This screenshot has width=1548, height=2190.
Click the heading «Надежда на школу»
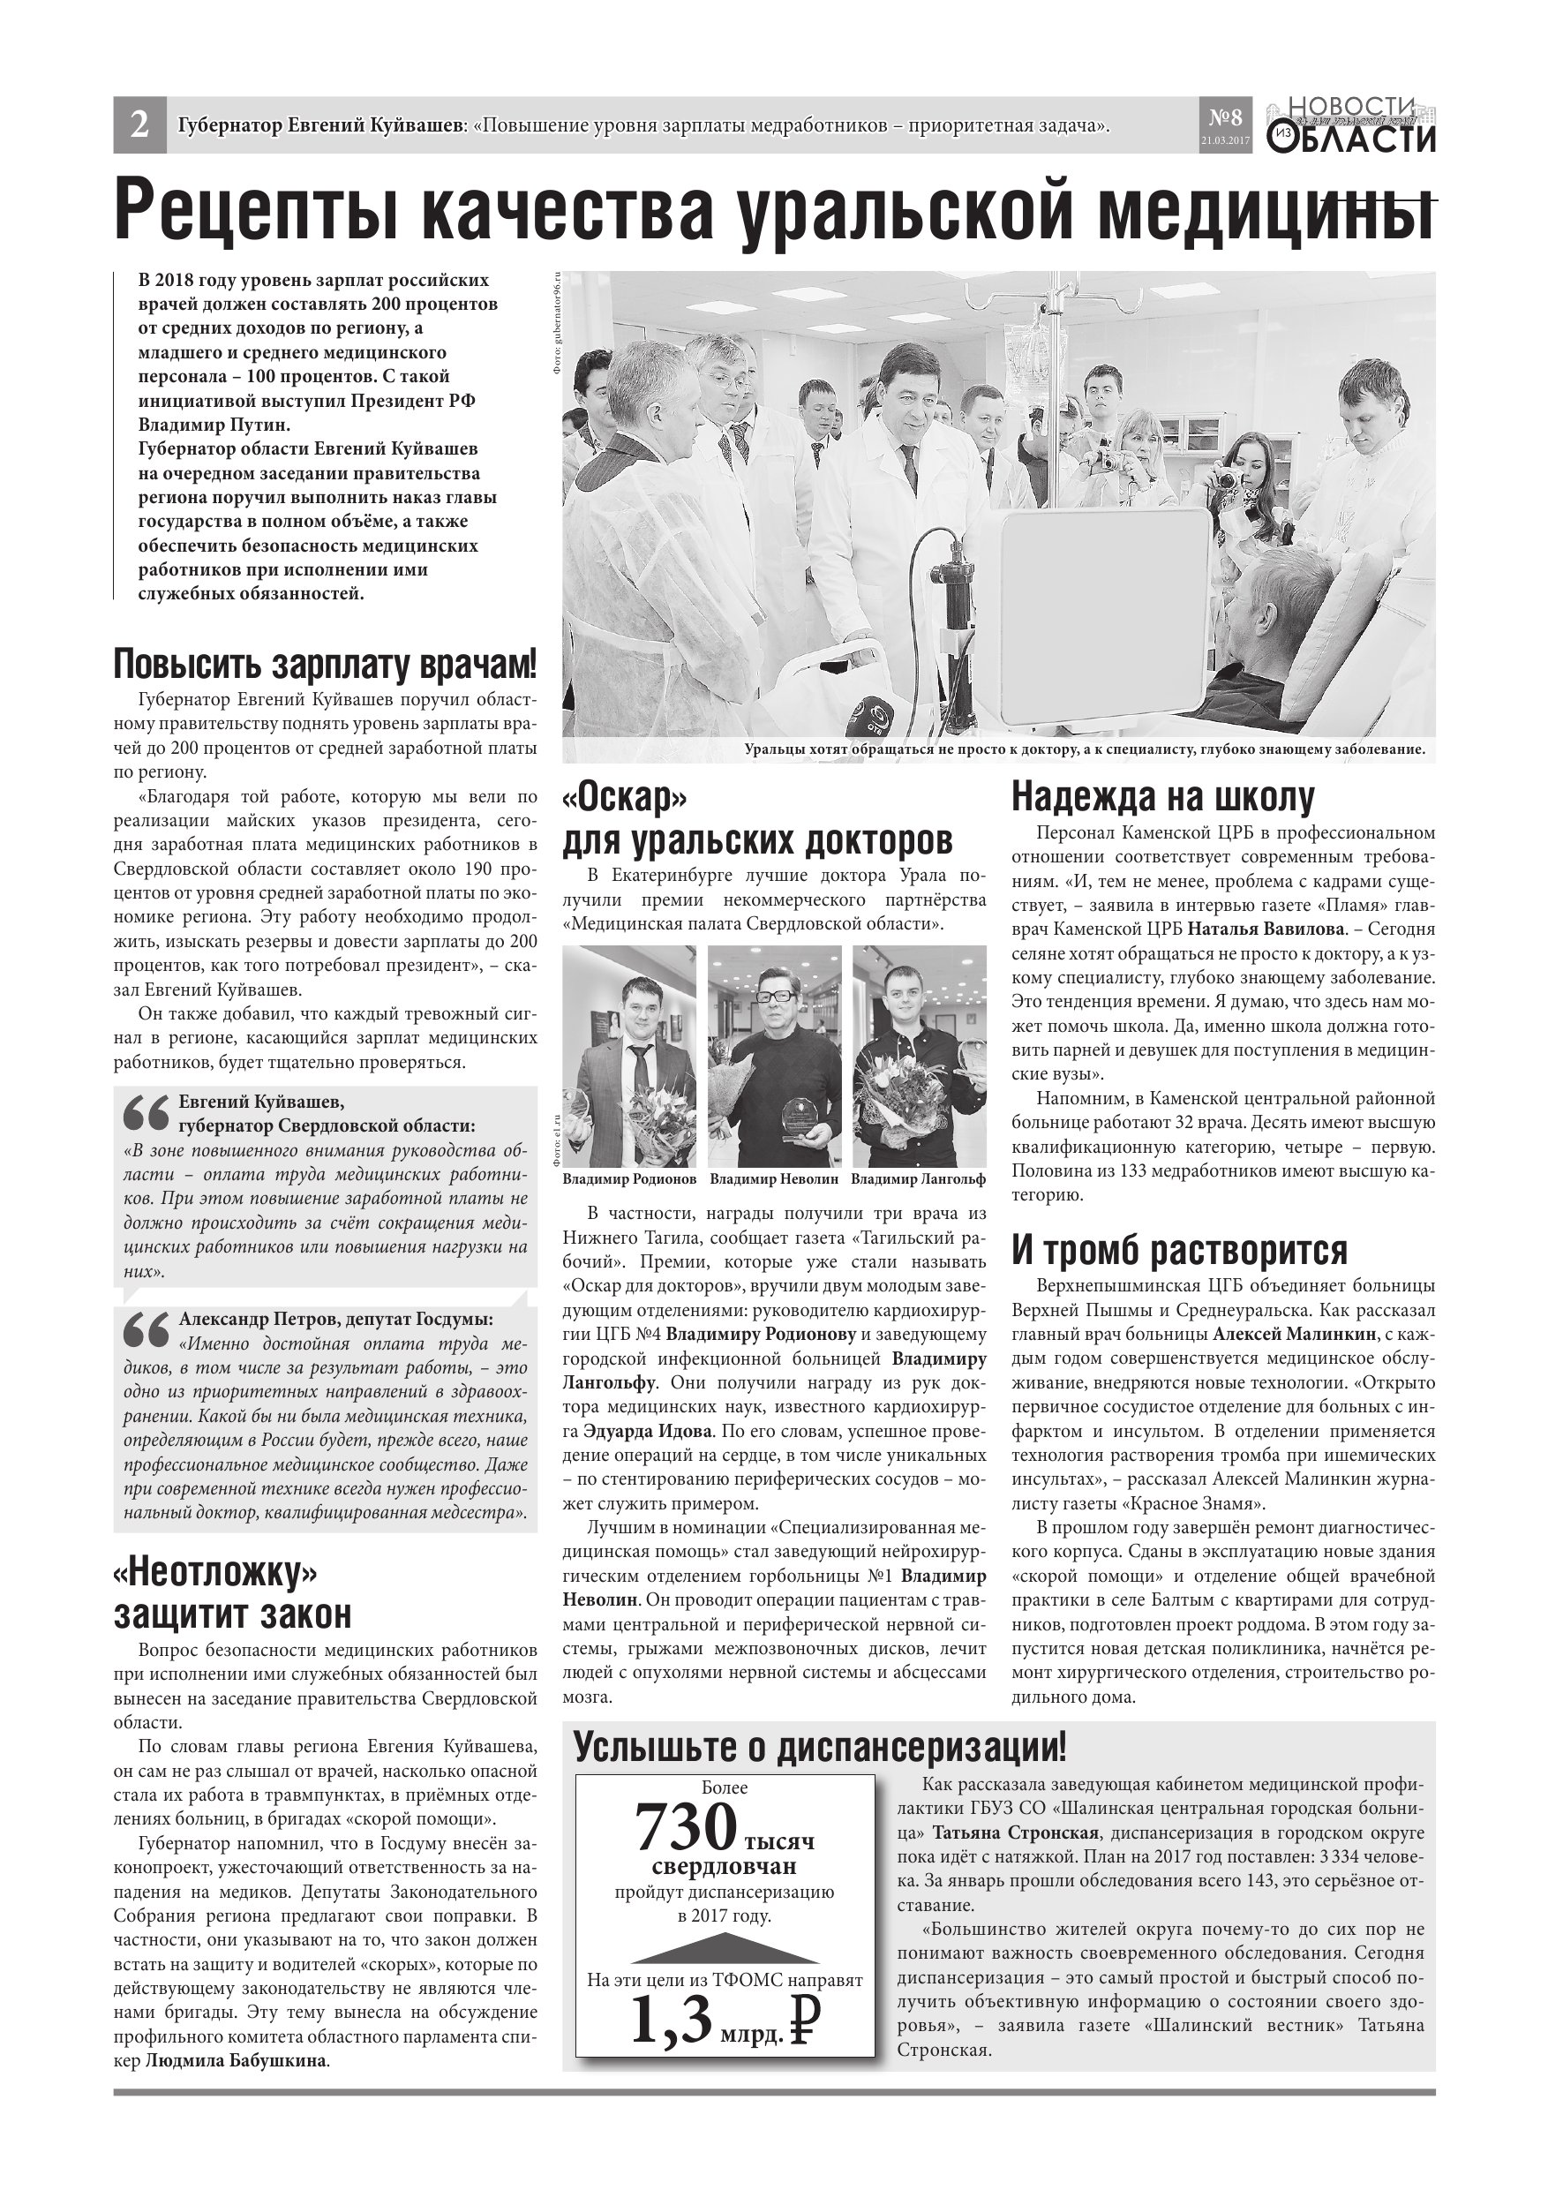pyautogui.click(x=1162, y=796)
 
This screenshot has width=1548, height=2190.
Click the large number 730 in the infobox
pyautogui.click(x=686, y=1828)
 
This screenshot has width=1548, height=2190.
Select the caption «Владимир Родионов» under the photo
pyautogui.click(x=629, y=1180)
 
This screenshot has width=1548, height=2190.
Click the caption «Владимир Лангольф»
pyautogui.click(x=919, y=1180)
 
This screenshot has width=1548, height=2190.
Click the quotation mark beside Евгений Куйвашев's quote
pyautogui.click(x=146, y=1114)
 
